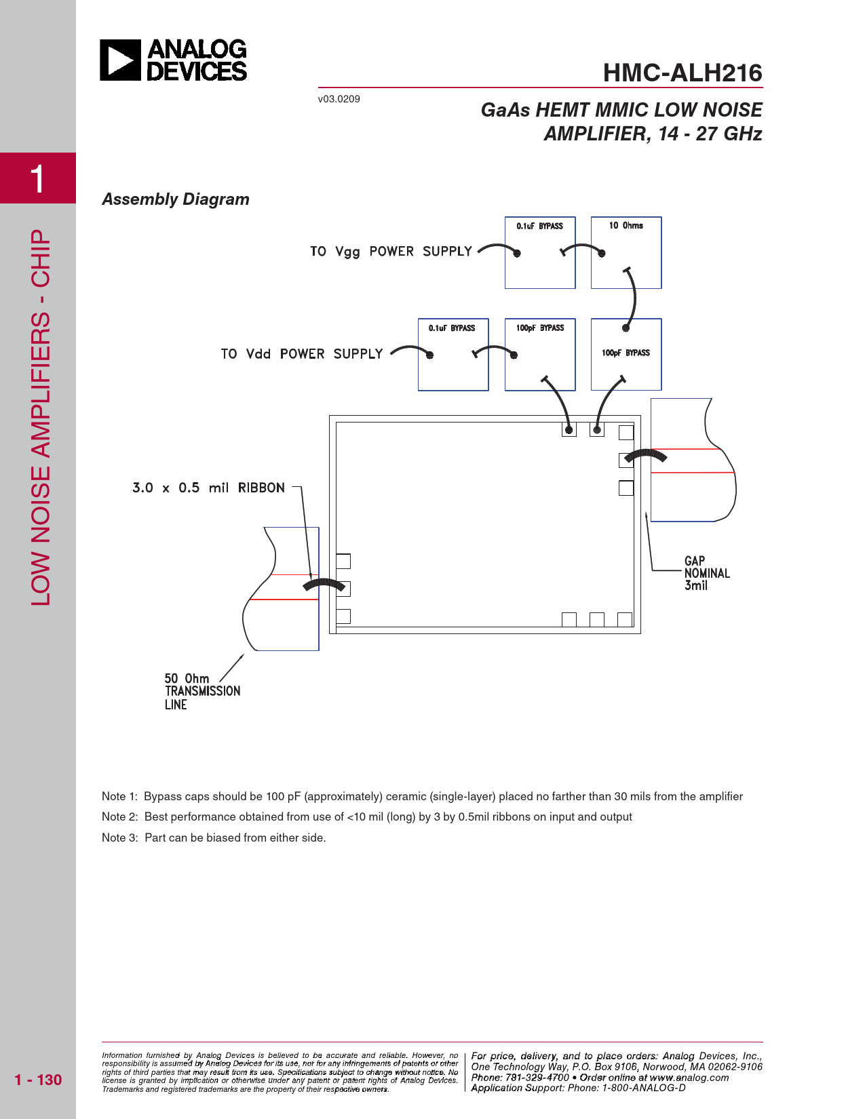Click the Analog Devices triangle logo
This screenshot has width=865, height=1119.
click(120, 60)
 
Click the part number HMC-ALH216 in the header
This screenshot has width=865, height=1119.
click(683, 73)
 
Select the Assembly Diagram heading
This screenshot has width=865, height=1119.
click(176, 199)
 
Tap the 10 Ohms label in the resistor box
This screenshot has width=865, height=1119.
click(626, 226)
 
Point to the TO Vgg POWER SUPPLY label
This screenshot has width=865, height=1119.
click(391, 252)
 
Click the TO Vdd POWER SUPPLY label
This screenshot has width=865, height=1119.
click(302, 354)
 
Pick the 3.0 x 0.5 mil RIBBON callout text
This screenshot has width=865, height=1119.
click(209, 488)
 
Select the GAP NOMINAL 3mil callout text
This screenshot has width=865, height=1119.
click(707, 573)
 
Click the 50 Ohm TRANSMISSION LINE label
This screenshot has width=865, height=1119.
click(202, 692)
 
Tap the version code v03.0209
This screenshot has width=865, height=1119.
click(339, 99)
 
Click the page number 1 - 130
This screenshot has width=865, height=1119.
click(38, 1080)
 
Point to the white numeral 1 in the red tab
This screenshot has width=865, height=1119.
click(37, 179)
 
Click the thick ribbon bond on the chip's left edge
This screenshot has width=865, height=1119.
click(324, 585)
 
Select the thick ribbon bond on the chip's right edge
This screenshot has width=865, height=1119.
click(646, 455)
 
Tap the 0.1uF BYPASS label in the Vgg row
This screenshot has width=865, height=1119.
click(539, 226)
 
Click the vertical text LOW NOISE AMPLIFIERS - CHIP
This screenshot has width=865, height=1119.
click(40, 417)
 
